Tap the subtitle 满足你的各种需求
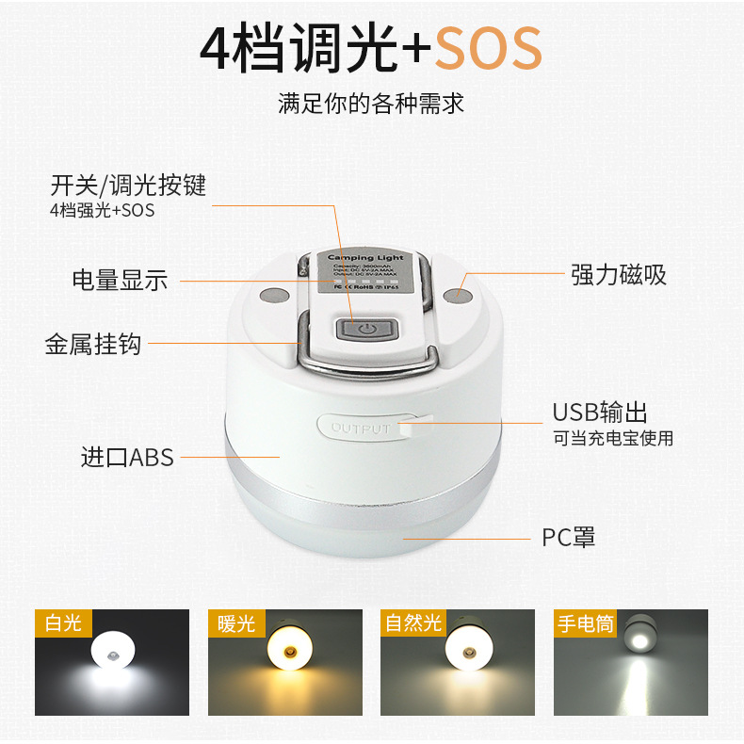371,102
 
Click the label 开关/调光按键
128,185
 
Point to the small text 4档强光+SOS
102,210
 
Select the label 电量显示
120,280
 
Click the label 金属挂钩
92,344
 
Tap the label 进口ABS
127,458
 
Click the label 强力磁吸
619,274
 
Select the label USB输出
600,412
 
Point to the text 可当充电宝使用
613,439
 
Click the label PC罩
568,538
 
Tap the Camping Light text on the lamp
365,257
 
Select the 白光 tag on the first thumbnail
63,623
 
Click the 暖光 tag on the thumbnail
236,623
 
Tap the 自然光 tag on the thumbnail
412,623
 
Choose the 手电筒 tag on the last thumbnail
585,623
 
